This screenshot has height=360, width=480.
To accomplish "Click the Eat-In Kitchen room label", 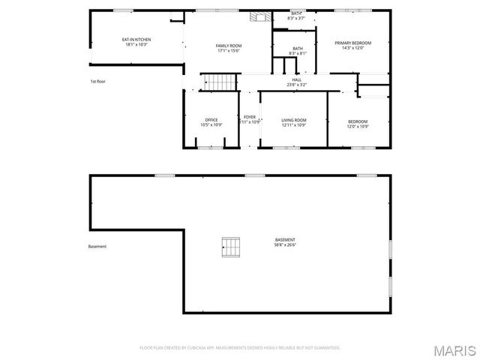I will [x=136, y=40].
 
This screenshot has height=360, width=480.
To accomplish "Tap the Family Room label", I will [x=229, y=46].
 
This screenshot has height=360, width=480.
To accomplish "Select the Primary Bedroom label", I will [x=352, y=43].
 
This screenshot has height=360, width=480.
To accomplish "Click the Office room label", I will [x=211, y=120].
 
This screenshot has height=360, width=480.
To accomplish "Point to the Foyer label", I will [x=250, y=117].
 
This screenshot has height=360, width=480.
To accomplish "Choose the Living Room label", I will [x=294, y=120].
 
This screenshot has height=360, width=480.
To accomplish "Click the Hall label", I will [x=297, y=79].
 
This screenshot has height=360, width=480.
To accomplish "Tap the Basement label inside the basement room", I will [x=284, y=240].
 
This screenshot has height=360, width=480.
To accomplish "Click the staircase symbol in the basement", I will [x=232, y=245].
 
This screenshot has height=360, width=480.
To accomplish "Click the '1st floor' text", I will [x=97, y=81].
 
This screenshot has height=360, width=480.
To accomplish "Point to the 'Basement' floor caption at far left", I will [x=97, y=246].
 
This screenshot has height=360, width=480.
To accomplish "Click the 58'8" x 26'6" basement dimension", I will [x=284, y=245].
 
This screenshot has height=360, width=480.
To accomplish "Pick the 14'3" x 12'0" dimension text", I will [x=352, y=48].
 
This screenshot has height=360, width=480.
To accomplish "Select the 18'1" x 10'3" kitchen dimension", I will [x=136, y=45].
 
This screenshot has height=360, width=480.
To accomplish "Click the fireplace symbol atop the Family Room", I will [x=259, y=17].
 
